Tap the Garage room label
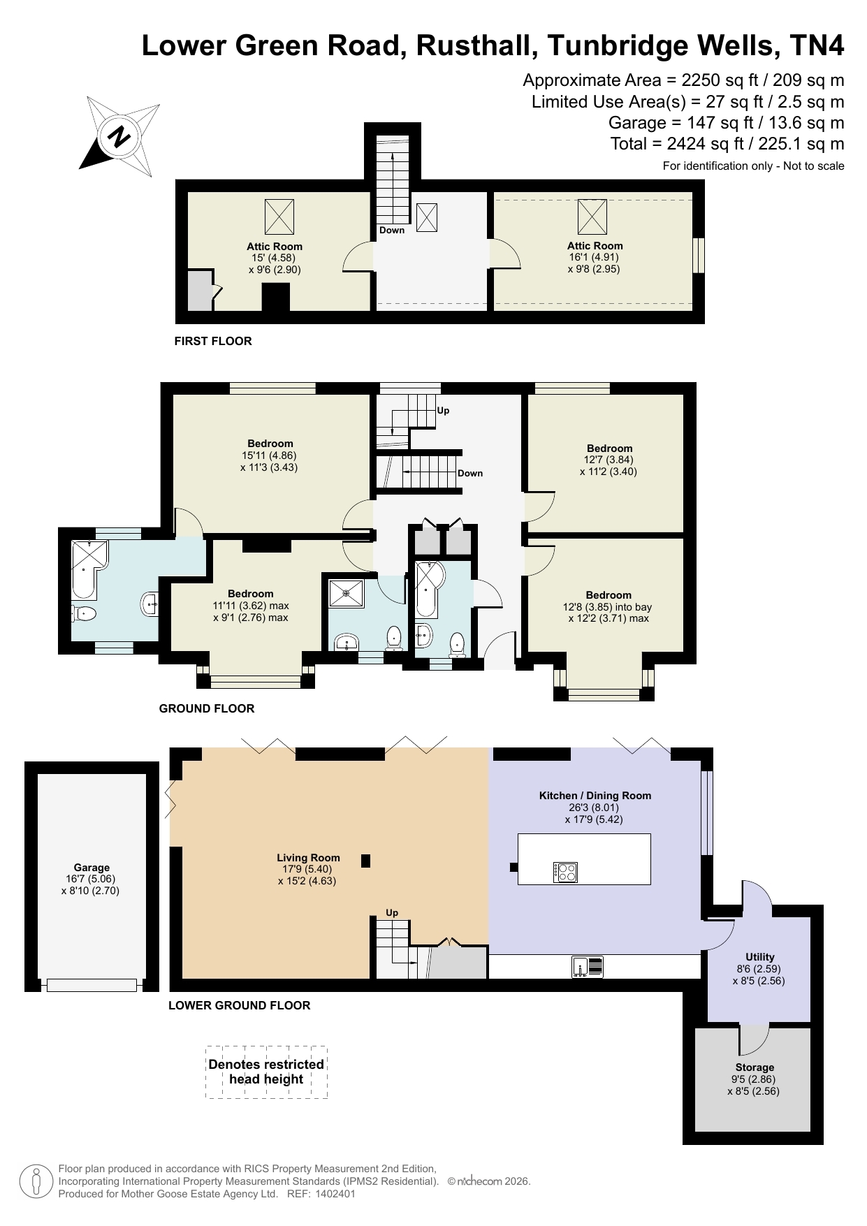pyautogui.click(x=92, y=868)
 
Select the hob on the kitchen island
pyautogui.click(x=565, y=872)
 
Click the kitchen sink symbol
pyautogui.click(x=588, y=967)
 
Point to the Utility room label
pyautogui.click(x=759, y=957)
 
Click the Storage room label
pyautogui.click(x=755, y=1067)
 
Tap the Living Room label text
pyautogui.click(x=308, y=858)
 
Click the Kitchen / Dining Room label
pyautogui.click(x=595, y=796)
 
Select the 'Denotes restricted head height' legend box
pyautogui.click(x=266, y=1072)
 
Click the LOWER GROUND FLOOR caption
pyautogui.click(x=239, y=1005)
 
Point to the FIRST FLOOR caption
pyautogui.click(x=213, y=341)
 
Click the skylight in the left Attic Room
pyautogui.click(x=279, y=217)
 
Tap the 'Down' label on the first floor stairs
pyautogui.click(x=392, y=230)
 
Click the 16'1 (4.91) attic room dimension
pyautogui.click(x=595, y=257)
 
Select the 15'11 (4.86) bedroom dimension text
pyautogui.click(x=270, y=455)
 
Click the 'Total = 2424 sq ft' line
pyautogui.click(x=727, y=144)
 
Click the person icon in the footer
pyautogui.click(x=36, y=1181)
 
